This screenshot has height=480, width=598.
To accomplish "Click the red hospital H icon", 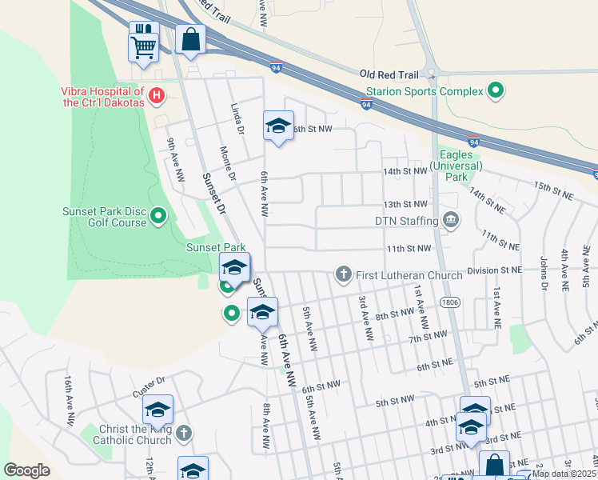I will [157, 96].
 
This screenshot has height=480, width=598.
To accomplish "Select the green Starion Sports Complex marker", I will [496, 91].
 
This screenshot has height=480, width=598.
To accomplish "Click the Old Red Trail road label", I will [389, 73].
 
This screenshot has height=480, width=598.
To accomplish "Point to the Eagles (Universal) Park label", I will [456, 166].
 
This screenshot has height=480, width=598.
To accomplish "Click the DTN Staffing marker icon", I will [450, 220].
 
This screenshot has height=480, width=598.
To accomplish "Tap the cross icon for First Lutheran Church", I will [344, 275].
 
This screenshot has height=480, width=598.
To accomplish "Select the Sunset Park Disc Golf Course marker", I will [158, 215].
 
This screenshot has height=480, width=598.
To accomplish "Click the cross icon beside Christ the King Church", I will [184, 434].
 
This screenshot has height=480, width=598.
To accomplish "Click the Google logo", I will [27, 470].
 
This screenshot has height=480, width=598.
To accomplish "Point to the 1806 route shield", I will [449, 301].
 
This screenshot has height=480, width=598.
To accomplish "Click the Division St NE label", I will [494, 270].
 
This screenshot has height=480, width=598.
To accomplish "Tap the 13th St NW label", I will [406, 205].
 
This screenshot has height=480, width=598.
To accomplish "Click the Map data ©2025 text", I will [564, 474].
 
